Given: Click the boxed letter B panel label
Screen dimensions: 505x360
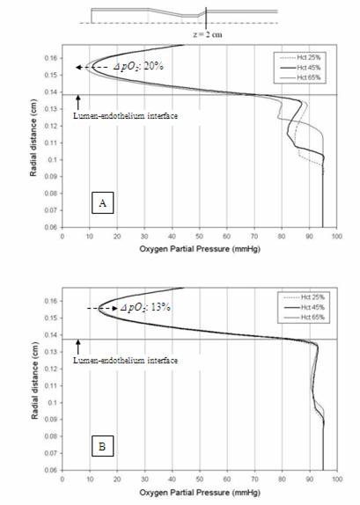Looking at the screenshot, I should tap(103, 446).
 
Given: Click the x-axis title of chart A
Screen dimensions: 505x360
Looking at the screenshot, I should tap(199, 248).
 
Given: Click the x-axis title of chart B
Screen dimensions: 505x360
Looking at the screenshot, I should tap(199, 493).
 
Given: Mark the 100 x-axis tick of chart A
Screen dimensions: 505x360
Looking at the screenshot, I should tap(336, 236).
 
